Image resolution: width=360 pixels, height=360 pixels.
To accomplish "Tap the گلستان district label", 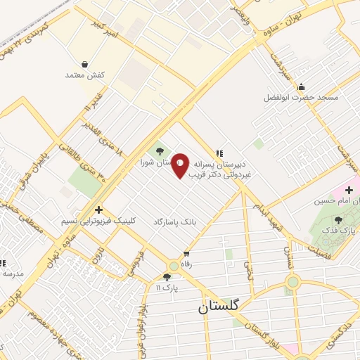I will pyautogui.click(x=219, y=306).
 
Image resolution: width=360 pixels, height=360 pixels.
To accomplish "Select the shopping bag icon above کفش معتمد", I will pyautogui.click(x=85, y=64).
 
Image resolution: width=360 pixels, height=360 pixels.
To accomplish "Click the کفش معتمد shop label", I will pyautogui.click(x=84, y=75).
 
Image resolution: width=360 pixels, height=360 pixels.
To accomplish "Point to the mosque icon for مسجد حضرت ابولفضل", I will pyautogui.click(x=301, y=87).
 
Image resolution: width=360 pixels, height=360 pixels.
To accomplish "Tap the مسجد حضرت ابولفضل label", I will pyautogui.click(x=301, y=97).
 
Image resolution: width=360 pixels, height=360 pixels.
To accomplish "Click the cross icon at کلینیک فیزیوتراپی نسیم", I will pyautogui.click(x=98, y=210).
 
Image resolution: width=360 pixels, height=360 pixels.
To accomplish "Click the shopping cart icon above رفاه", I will pyautogui.click(x=186, y=254).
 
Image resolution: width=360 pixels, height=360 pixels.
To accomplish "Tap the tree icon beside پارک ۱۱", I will pyautogui.click(x=167, y=277).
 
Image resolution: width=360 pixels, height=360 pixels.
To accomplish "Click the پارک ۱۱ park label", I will pyautogui.click(x=167, y=288).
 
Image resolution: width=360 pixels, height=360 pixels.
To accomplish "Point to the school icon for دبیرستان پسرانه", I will pyautogui.click(x=219, y=153).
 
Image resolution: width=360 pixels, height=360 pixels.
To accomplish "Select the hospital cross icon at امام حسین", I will pyautogui.click(x=349, y=190).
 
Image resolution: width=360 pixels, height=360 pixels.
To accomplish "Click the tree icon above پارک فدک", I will pyautogui.click(x=338, y=220).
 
